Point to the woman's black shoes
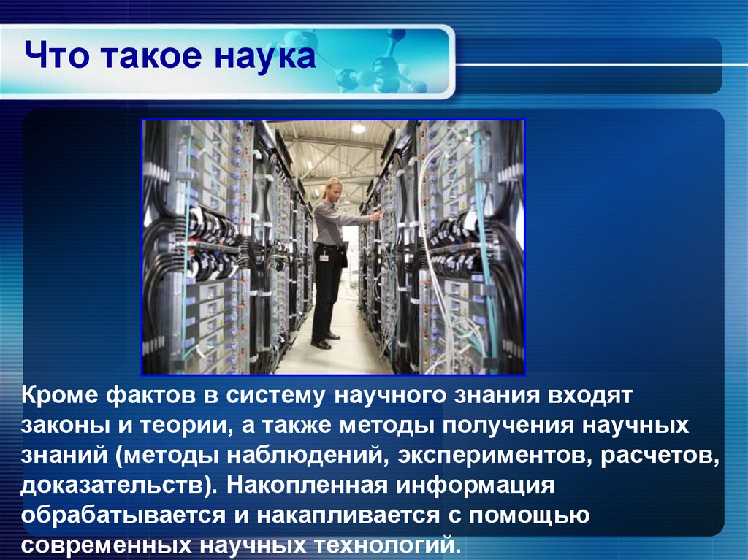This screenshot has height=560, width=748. [x=325, y=340]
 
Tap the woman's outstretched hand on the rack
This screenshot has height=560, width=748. [x=375, y=215]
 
